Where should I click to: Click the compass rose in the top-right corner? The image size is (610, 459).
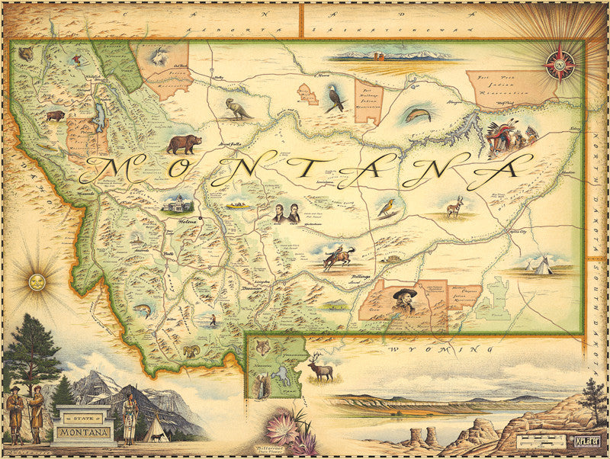pyautogui.click(x=560, y=65)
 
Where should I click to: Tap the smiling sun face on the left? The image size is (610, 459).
pyautogui.click(x=36, y=282)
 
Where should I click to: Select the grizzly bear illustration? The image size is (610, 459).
pyautogui.click(x=184, y=143)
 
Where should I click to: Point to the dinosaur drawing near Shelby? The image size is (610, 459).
pyautogui.click(x=237, y=108)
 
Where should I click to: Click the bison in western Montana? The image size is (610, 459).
pyautogui.click(x=55, y=117)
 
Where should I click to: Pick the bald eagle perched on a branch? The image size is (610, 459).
pyautogui.click(x=335, y=99)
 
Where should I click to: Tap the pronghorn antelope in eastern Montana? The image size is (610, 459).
pyautogui.click(x=454, y=205)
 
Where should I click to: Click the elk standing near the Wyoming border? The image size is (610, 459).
pyautogui.click(x=320, y=369)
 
